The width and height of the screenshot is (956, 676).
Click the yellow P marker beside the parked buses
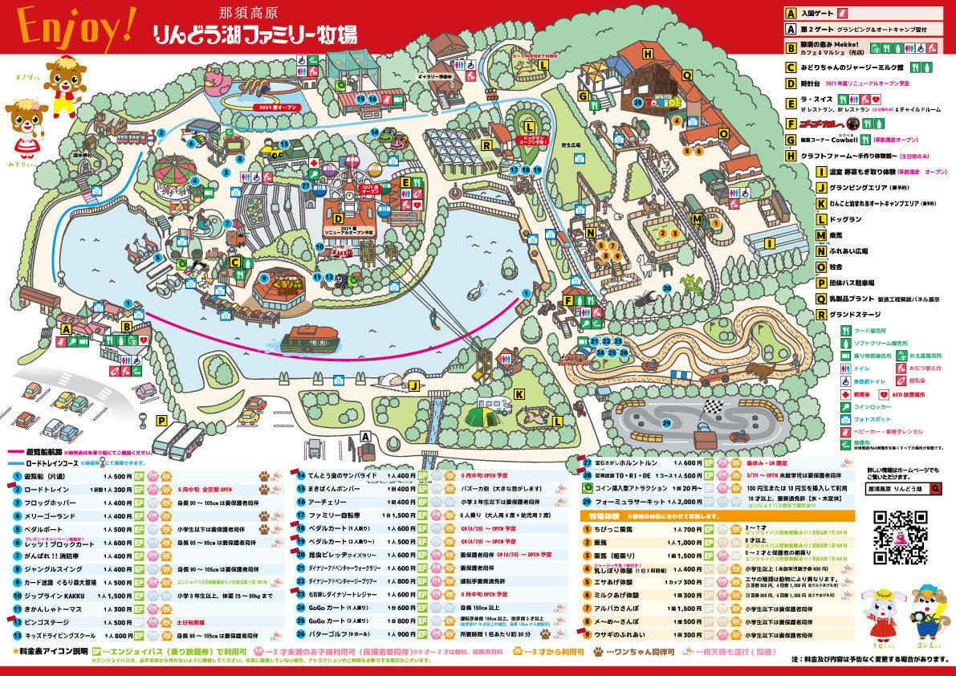161,420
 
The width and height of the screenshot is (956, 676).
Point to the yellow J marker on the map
413,386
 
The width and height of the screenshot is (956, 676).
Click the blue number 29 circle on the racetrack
666,423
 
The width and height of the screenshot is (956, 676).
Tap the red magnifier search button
937,488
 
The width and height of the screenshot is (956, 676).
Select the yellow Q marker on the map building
687,75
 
